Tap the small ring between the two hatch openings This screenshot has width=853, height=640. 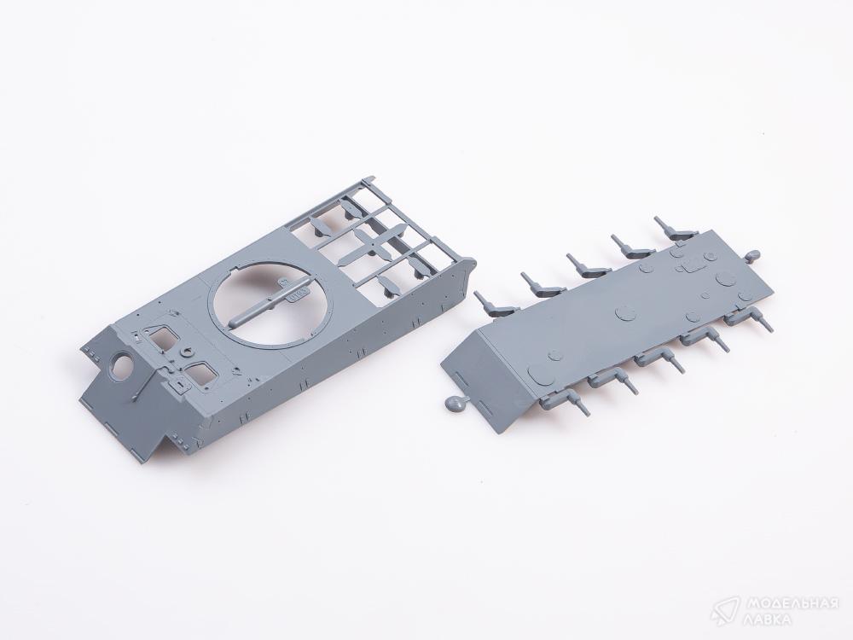(x=189, y=351)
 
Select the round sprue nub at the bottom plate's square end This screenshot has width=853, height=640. (x=752, y=255)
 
